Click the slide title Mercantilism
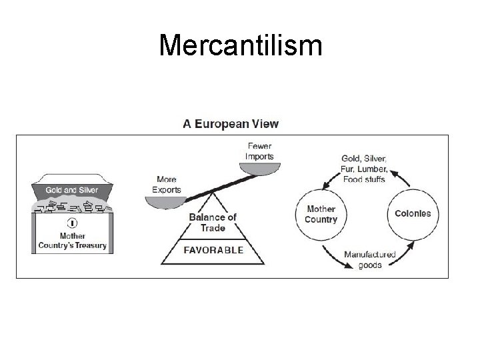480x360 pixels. point(241,46)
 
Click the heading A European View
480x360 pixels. point(231,123)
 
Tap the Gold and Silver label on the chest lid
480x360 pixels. point(72,189)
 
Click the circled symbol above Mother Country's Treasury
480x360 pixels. point(72,223)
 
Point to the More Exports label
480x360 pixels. point(166,184)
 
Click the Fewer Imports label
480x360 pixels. point(260,151)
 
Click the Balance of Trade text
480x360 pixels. point(213,222)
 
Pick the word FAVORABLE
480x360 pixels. point(213,251)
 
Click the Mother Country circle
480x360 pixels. point(321,214)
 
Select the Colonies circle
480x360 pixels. point(413,214)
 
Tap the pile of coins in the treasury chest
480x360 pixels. point(72,206)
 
